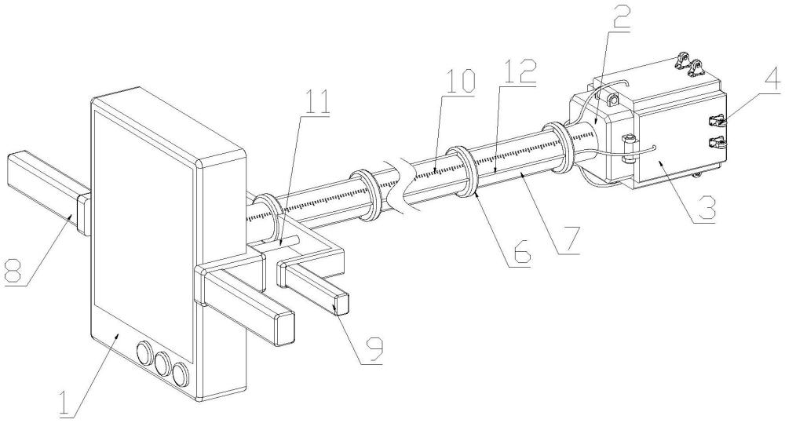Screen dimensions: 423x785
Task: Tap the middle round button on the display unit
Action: [163, 362]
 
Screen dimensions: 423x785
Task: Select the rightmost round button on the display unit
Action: [182, 372]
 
